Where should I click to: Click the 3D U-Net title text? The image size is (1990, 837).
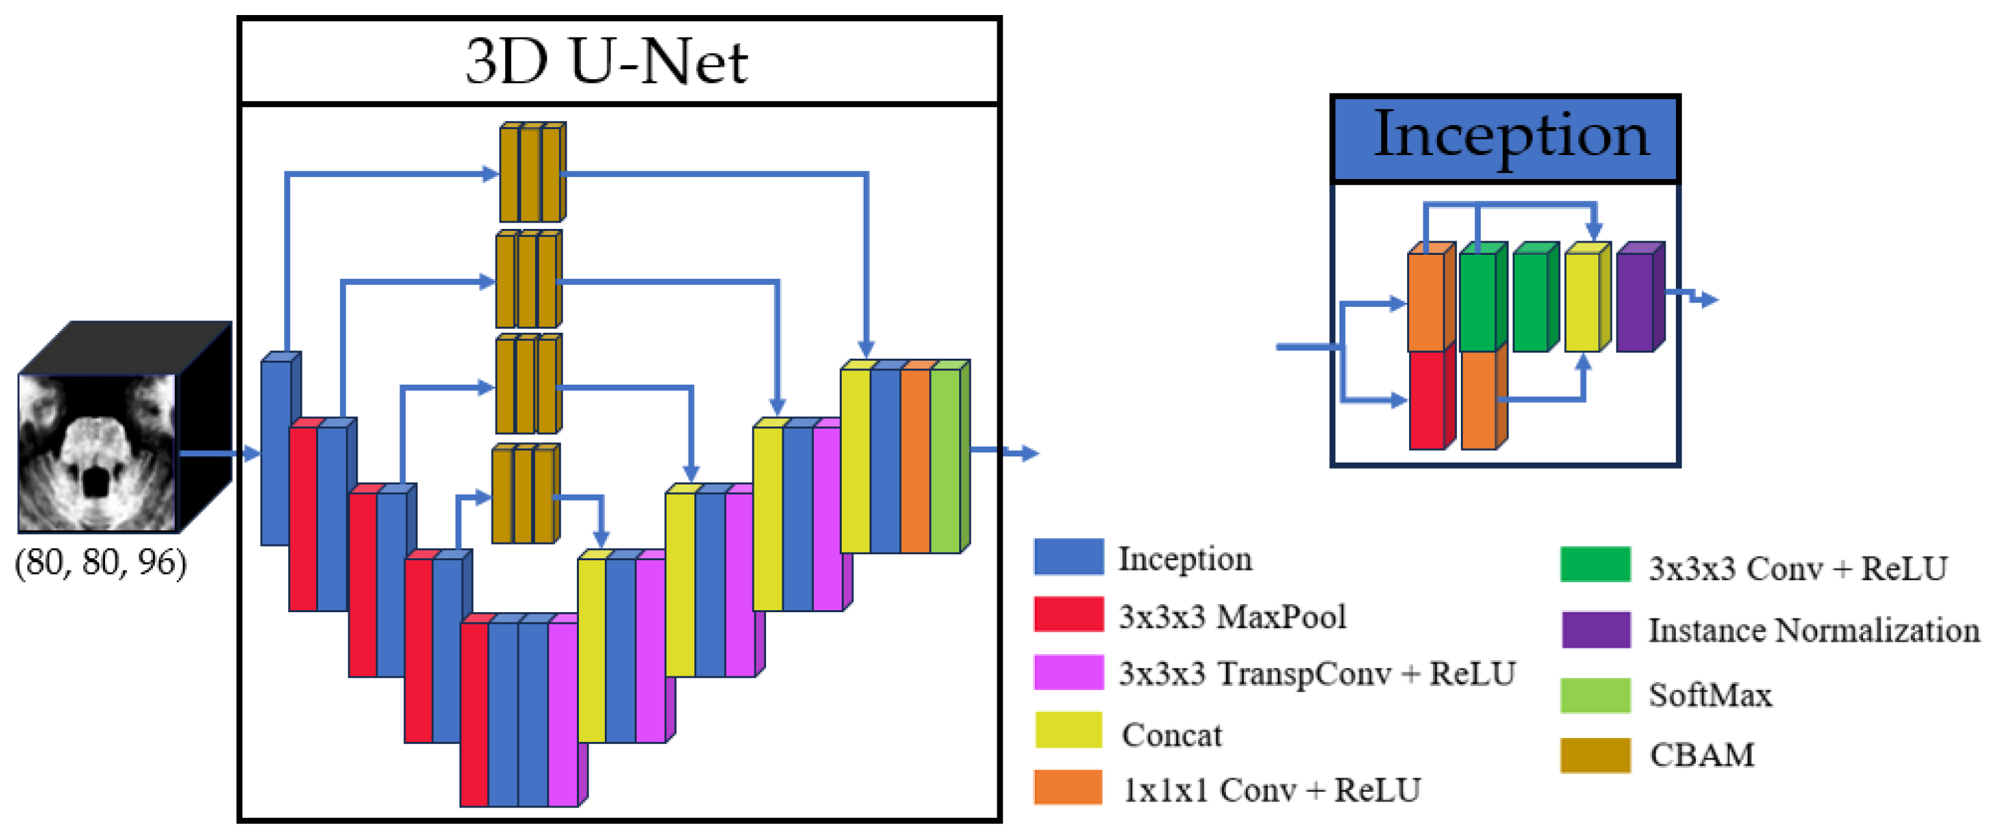(x=606, y=61)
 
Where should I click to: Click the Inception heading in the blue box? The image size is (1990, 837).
(x=1510, y=135)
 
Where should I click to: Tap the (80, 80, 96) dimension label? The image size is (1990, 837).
(x=100, y=562)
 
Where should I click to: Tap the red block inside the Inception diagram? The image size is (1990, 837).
(x=1427, y=400)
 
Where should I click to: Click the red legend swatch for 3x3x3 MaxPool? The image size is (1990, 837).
(x=1068, y=615)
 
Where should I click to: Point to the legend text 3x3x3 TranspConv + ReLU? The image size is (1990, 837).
(x=1316, y=674)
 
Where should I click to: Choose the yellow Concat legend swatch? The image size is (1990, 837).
(x=1068, y=731)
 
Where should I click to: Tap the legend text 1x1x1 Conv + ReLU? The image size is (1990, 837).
(x=1270, y=790)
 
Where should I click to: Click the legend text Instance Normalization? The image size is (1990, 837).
(x=1813, y=631)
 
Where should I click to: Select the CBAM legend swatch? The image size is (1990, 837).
(x=1595, y=755)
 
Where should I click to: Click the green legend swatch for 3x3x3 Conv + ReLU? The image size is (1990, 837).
(x=1595, y=565)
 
